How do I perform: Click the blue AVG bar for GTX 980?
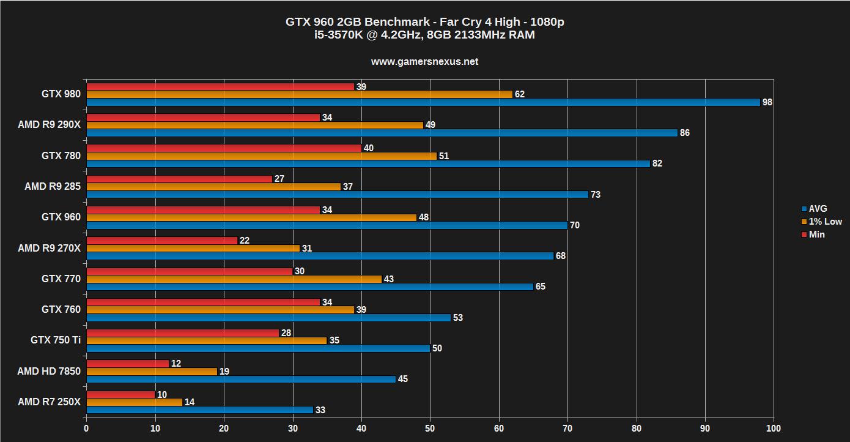pyautogui.click(x=423, y=102)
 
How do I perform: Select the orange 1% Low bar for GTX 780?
pyautogui.click(x=262, y=156)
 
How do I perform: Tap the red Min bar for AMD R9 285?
pyautogui.click(x=179, y=179)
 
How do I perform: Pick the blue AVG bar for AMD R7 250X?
pyautogui.click(x=200, y=410)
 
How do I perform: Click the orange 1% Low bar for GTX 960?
pyautogui.click(x=251, y=217)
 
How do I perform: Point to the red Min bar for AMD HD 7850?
pyautogui.click(x=128, y=364)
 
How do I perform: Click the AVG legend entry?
pyautogui.click(x=818, y=209)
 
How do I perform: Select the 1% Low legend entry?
pyautogui.click(x=825, y=222)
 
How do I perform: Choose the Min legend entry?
pyautogui.click(x=816, y=234)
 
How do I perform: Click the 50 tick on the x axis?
pyautogui.click(x=430, y=428)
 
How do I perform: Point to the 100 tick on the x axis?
pyautogui.click(x=774, y=428)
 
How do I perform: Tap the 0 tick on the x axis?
pyautogui.click(x=86, y=428)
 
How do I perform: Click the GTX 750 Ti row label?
pyautogui.click(x=56, y=340)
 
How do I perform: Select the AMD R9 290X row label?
pyautogui.click(x=49, y=125)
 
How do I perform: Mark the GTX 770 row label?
pyautogui.click(x=61, y=279)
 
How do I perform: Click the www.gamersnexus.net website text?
pyautogui.click(x=424, y=62)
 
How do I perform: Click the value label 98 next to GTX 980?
pyautogui.click(x=767, y=102)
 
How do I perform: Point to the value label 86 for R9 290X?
pyautogui.click(x=684, y=133)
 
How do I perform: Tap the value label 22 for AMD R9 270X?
pyautogui.click(x=244, y=241)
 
